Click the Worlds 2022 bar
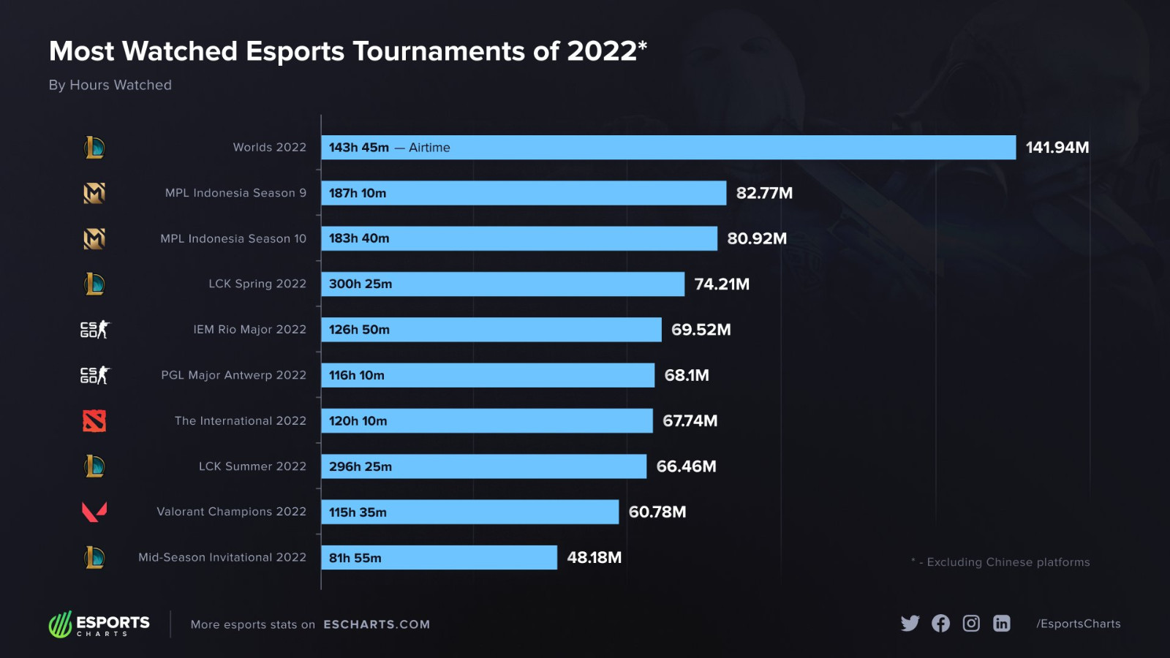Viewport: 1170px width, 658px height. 668,148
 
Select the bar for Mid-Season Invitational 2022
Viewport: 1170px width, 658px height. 439,558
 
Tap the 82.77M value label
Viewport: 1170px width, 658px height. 764,193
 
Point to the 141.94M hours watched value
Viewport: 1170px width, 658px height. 1057,148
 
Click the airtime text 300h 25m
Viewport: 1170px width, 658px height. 361,284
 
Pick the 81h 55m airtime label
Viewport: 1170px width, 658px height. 355,558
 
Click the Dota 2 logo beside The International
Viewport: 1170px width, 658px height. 94,421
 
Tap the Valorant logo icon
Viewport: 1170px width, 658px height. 94,512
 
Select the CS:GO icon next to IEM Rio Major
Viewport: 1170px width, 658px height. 94,330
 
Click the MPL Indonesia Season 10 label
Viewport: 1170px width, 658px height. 233,239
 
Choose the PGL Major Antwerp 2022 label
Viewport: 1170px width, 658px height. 233,375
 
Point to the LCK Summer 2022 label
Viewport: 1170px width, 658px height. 252,466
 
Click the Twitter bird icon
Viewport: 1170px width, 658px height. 910,623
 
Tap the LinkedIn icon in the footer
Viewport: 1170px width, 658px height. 1002,623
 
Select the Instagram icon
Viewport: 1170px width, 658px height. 971,623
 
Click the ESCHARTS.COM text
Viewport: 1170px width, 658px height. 377,624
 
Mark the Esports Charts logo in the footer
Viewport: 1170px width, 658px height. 99,624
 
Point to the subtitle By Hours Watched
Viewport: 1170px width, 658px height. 110,85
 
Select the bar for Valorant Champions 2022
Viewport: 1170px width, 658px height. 469,512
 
